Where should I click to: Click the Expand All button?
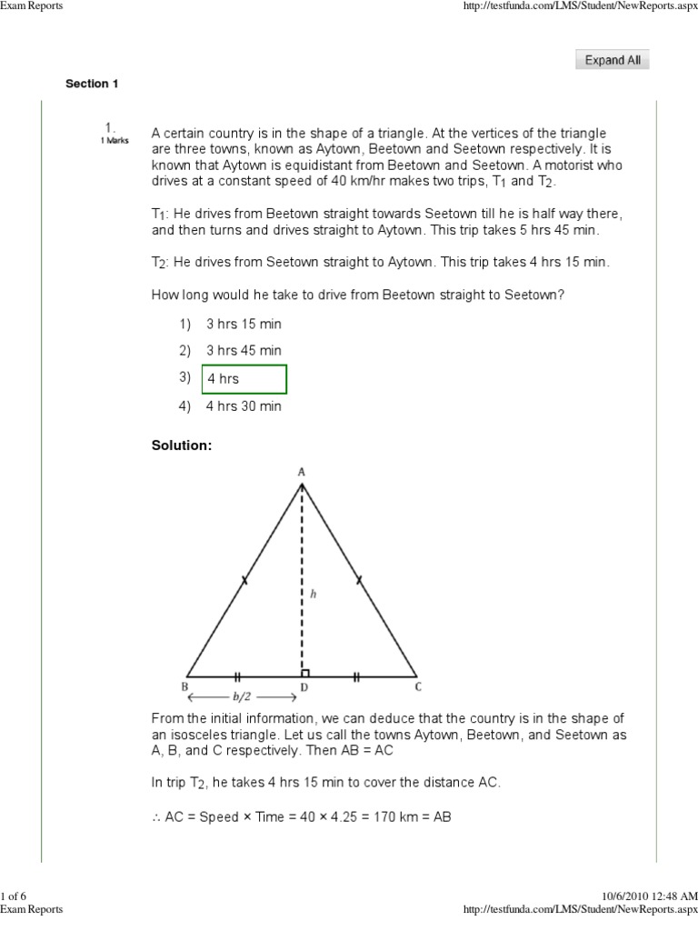(x=613, y=60)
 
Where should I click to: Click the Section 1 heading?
(x=92, y=85)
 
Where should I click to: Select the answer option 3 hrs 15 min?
(x=244, y=324)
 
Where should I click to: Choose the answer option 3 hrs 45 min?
(x=244, y=351)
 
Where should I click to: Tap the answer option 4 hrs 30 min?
(x=244, y=406)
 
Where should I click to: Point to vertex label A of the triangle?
(x=302, y=471)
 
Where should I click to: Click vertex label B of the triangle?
(x=184, y=687)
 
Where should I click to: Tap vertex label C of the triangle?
(x=417, y=687)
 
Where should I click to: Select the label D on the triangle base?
(x=304, y=688)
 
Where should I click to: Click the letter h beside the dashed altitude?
(x=313, y=593)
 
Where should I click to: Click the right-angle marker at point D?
(x=306, y=672)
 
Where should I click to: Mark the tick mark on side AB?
(x=244, y=578)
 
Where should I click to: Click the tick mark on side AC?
(x=358, y=578)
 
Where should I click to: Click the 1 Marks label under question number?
(x=115, y=141)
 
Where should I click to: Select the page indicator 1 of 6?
(x=16, y=897)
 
